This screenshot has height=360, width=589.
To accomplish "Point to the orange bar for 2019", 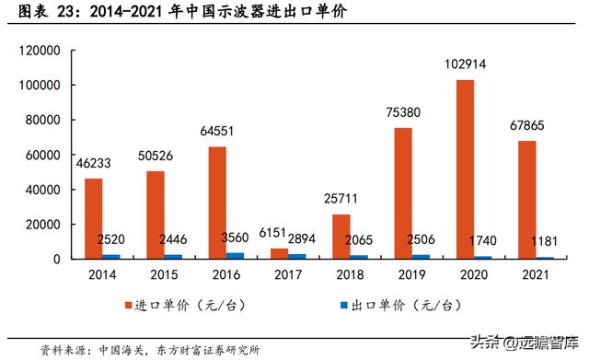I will [x=401, y=193].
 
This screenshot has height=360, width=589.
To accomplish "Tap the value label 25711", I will [x=340, y=199].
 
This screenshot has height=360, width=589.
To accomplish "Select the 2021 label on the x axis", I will [x=533, y=274].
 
